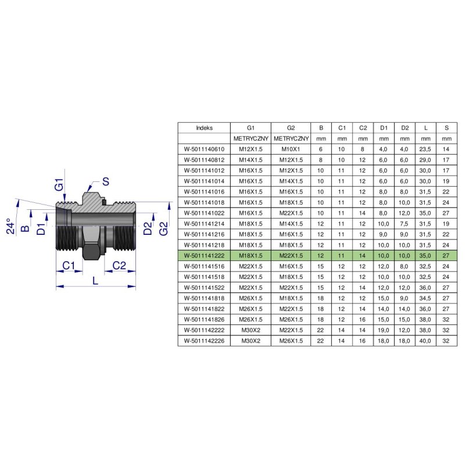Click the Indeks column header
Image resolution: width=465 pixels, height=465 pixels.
tap(204, 128)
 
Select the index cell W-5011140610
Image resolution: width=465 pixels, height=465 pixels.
tap(204, 149)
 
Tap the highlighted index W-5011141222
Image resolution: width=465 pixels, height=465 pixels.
tap(204, 256)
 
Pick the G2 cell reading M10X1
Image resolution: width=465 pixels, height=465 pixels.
tap(291, 149)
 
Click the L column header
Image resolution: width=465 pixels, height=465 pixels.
tap(425, 128)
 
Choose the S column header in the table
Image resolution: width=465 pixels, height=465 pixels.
tap(446, 128)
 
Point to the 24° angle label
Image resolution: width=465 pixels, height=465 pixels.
tap(10, 226)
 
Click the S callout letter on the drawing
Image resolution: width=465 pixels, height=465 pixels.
tap(106, 181)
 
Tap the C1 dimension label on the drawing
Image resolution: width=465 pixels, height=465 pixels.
tap(69, 266)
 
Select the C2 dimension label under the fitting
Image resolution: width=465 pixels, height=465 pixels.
tap(119, 266)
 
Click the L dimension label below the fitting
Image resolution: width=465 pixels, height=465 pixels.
tap(95, 281)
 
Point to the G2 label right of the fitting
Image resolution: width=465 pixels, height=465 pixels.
tap(163, 228)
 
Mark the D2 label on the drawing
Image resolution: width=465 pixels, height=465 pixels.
tap(148, 228)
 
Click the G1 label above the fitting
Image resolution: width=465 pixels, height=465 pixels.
tap(59, 184)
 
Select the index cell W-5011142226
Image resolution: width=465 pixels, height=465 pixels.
tap(204, 341)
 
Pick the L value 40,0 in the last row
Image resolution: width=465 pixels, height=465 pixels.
tap(425, 341)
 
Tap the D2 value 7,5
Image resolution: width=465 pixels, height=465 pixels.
tap(404, 224)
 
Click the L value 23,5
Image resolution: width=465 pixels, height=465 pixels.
tap(425, 149)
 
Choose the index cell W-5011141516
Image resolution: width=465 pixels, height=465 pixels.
tap(204, 266)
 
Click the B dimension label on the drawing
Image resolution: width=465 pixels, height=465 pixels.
tap(26, 228)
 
